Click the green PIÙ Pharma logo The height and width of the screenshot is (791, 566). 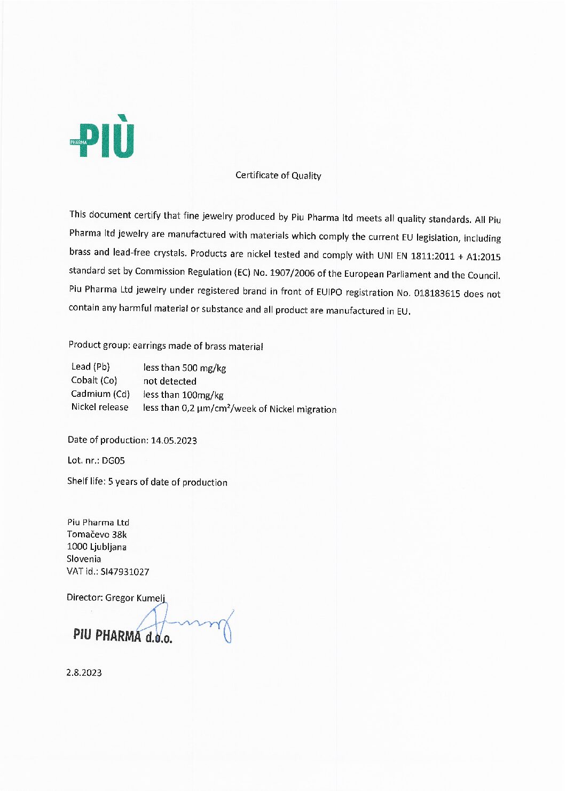click(103, 138)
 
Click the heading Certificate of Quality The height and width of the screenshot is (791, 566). click(278, 175)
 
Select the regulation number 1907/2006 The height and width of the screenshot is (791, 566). click(292, 273)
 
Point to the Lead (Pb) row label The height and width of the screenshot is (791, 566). click(90, 366)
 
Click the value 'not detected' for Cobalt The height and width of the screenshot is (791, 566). click(170, 381)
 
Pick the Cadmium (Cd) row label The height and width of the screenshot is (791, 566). click(100, 394)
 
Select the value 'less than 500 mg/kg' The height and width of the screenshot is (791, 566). click(184, 368)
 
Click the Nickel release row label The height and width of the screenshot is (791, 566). click(100, 407)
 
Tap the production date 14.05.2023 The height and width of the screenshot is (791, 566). click(174, 441)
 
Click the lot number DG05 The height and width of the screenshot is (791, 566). click(113, 460)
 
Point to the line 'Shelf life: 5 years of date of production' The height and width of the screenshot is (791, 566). click(147, 482)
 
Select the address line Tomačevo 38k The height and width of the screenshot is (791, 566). click(97, 534)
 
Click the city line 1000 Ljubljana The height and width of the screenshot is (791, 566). click(97, 547)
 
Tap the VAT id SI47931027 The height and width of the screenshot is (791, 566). click(125, 572)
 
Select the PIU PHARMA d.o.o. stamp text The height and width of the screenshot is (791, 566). click(122, 636)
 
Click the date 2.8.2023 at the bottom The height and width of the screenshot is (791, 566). click(84, 673)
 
